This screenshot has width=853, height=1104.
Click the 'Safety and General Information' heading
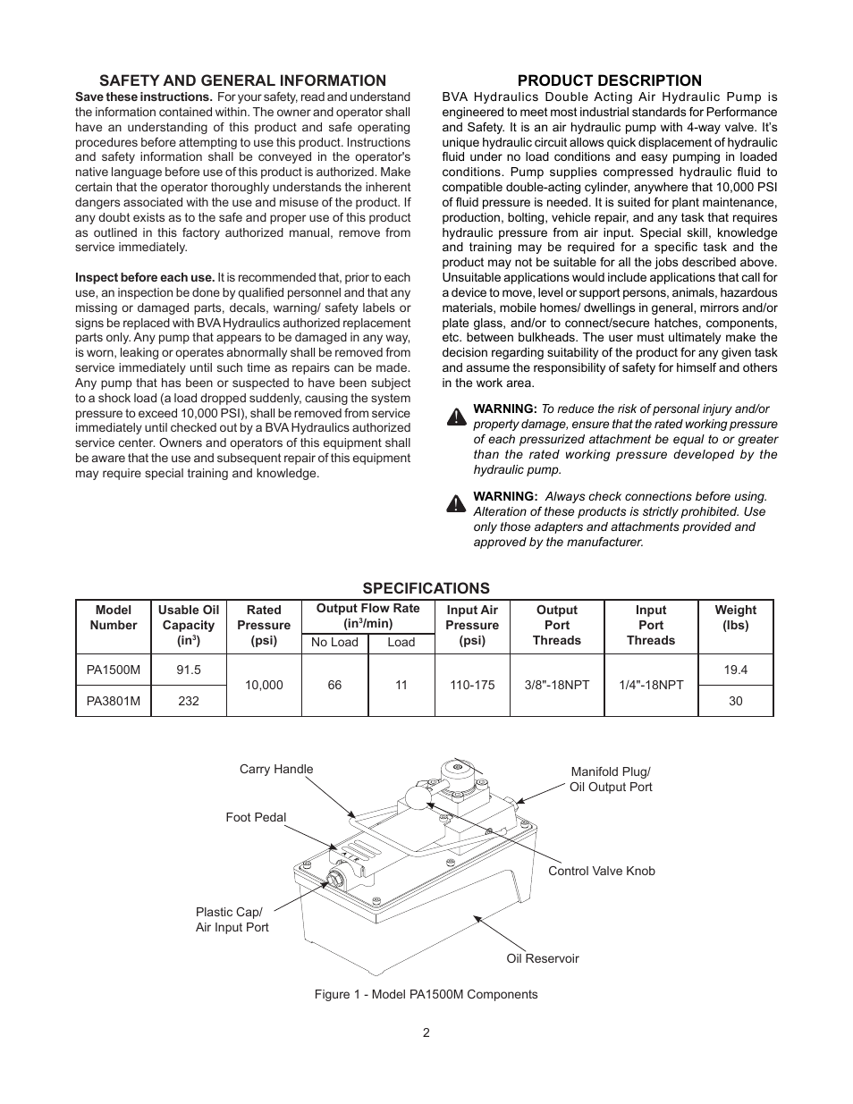(242, 80)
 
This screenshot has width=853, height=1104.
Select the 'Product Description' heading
(609, 80)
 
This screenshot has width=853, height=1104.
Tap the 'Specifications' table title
(426, 587)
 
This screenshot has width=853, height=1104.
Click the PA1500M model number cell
(113, 670)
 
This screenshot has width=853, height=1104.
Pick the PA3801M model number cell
(113, 701)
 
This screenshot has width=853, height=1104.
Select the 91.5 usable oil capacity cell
(189, 670)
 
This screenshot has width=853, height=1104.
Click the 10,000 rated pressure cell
(264, 685)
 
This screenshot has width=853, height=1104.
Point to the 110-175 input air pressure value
(472, 685)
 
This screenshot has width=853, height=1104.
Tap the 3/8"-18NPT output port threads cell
(557, 685)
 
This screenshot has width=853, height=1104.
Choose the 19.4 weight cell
(735, 670)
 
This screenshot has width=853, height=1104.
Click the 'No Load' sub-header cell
(334, 642)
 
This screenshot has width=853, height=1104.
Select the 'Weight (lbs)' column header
(735, 618)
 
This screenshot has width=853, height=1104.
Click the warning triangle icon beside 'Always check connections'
(456, 503)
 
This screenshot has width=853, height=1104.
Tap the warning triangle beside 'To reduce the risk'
(456, 417)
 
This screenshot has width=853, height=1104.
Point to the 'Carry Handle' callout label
(276, 769)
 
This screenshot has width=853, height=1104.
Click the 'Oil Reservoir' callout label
(542, 958)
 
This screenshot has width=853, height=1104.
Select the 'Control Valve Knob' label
(601, 871)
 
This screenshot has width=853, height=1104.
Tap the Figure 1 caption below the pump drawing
(426, 994)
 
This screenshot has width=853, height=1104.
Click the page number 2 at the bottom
(426, 1032)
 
